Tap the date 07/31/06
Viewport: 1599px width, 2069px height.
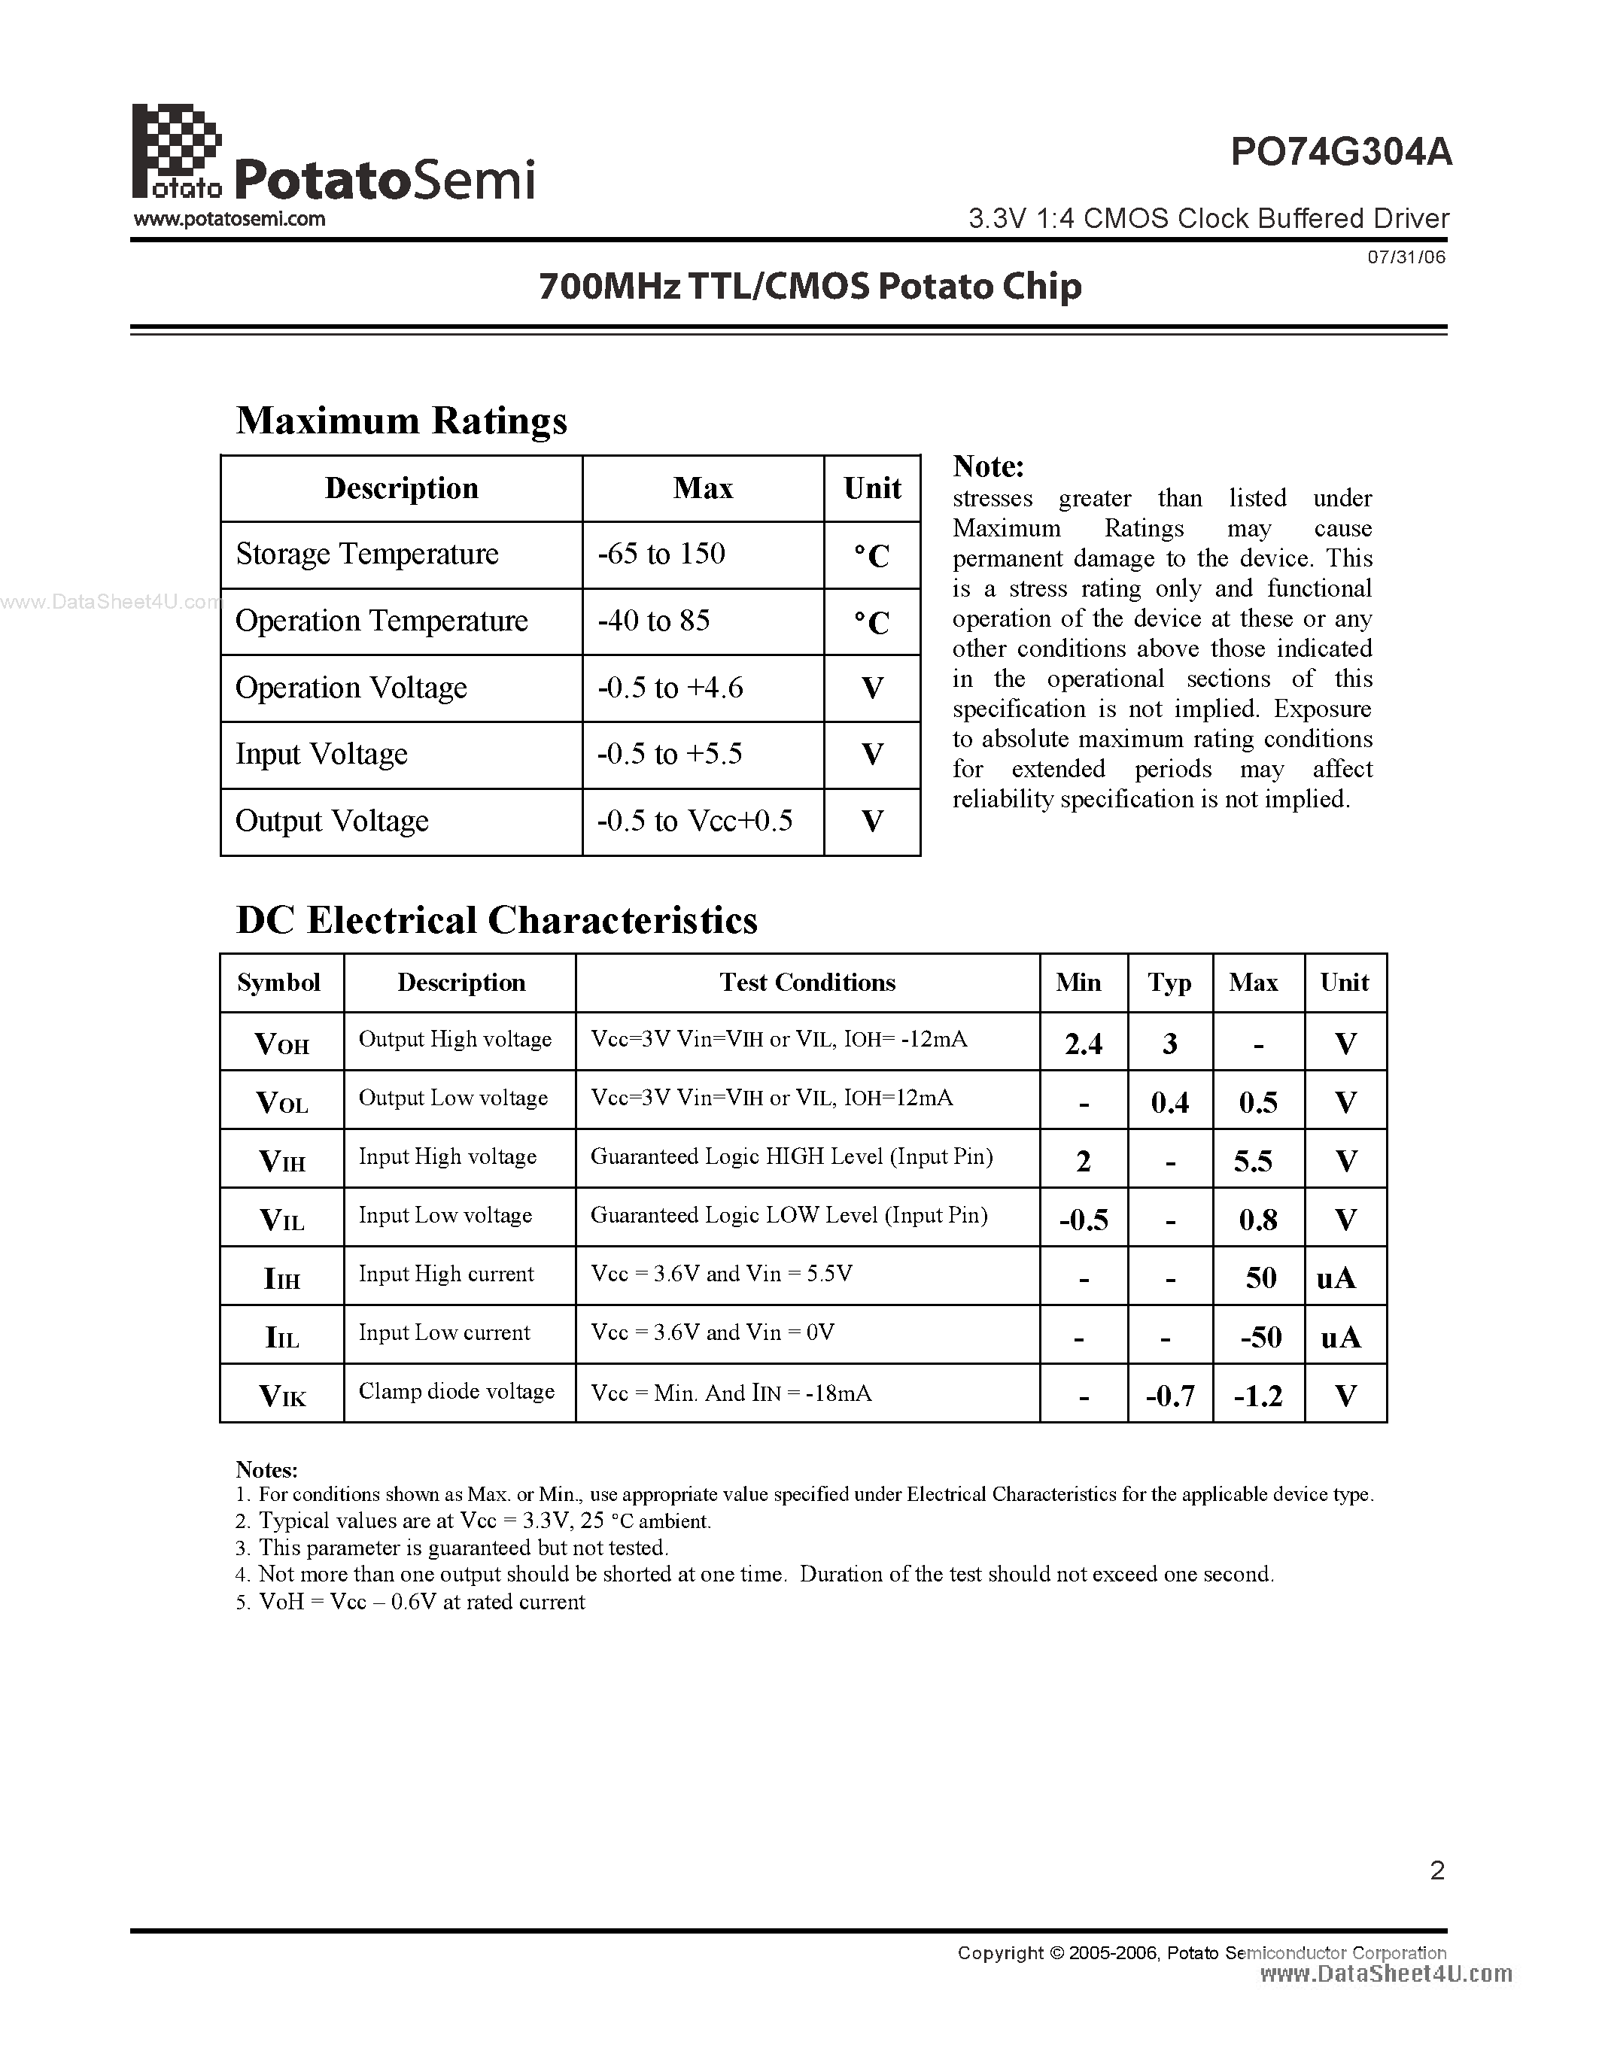pos(1406,257)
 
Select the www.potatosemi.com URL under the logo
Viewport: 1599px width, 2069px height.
pos(230,220)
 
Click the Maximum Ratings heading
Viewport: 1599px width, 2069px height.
pos(402,421)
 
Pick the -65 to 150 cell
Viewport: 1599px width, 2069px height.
pos(661,554)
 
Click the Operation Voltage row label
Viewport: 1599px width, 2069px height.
pos(351,688)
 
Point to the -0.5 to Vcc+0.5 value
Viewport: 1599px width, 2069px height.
pos(695,822)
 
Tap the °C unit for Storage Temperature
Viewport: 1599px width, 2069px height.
pos(871,556)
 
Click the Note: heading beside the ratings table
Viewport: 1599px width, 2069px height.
pos(988,467)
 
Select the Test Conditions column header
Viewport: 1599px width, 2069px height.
pos(807,983)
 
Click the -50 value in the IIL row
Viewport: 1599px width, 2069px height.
pos(1260,1338)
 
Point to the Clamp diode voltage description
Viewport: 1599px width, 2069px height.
pos(457,1392)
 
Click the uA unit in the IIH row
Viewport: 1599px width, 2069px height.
pos(1336,1279)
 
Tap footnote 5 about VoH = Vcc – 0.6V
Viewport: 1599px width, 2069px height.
pos(411,1602)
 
